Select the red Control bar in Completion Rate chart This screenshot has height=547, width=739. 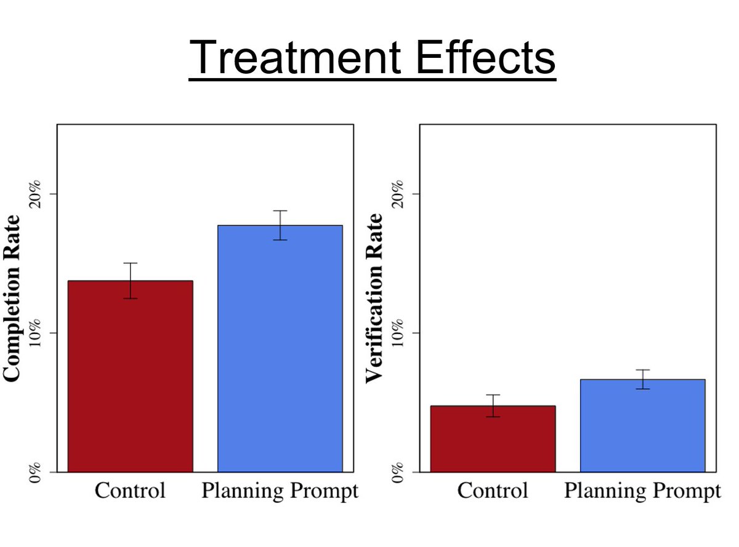pos(130,376)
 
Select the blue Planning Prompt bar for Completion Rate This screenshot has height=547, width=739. pos(280,348)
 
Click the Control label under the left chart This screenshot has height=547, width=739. pos(130,490)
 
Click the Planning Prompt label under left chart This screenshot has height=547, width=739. pos(280,492)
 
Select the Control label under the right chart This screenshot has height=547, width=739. pos(493,490)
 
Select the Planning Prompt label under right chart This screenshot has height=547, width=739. pos(642,492)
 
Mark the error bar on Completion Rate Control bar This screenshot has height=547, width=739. pos(130,281)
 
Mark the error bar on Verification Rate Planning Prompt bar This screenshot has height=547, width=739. pos(642,379)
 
